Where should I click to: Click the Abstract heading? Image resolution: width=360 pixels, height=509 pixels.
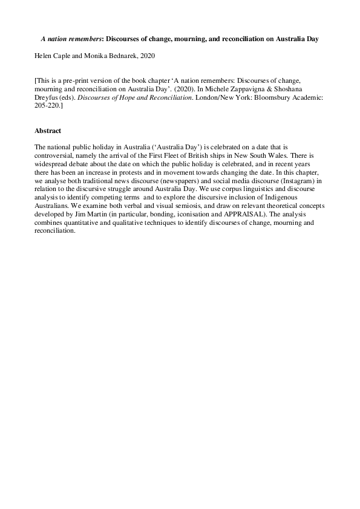click(48, 131)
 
